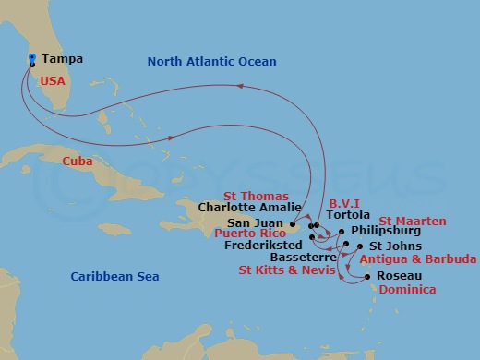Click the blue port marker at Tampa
32,58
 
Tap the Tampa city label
62,59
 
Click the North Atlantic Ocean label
211,62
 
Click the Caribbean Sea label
115,277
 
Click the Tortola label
348,215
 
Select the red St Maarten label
413,222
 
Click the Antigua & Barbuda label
418,259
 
